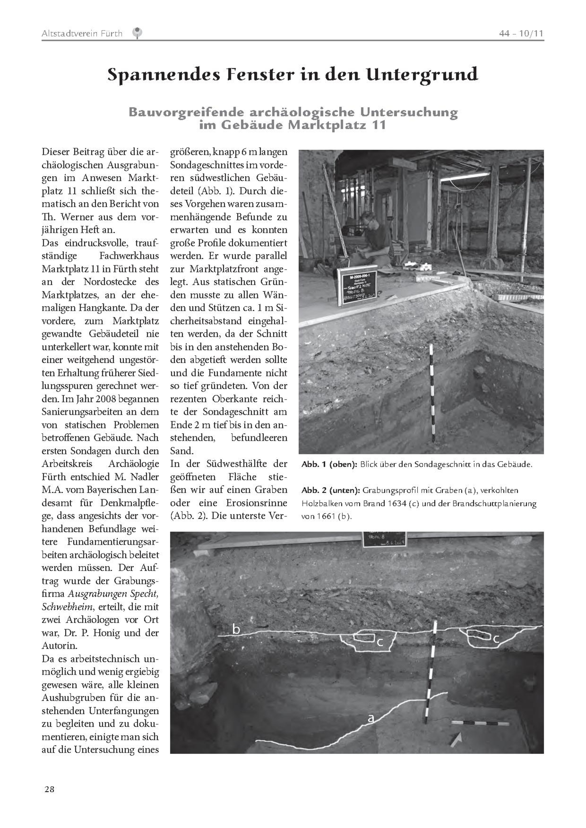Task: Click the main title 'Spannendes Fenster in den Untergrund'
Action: [x=293, y=75]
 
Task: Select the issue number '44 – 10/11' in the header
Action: [x=521, y=33]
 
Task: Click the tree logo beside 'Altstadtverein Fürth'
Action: [x=137, y=33]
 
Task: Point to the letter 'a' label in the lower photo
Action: [x=371, y=718]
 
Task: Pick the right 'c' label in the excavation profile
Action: [x=496, y=638]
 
